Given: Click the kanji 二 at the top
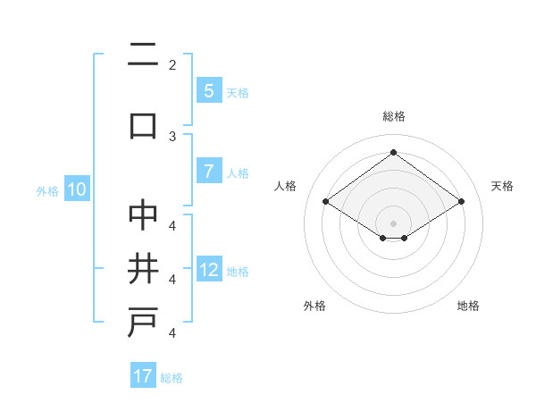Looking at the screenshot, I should (143, 57).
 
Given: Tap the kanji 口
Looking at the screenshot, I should (143, 124).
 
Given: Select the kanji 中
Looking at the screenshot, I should (143, 215).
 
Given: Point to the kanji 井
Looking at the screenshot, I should (143, 269).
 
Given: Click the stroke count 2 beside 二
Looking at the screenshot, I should (172, 65).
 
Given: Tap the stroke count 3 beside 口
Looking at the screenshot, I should (172, 137).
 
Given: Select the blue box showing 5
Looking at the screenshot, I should (208, 90).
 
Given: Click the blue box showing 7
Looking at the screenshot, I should (208, 172).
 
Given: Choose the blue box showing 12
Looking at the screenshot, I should (208, 270).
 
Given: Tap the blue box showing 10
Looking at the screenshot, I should (76, 189).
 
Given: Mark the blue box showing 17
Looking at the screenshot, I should (143, 376).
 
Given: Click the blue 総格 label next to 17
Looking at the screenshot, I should (172, 378).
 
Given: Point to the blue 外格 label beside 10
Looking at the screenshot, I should (47, 190).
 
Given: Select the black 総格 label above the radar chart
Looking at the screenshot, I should (393, 116).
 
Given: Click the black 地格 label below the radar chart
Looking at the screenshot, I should (468, 306).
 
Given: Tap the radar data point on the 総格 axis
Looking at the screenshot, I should (393, 153).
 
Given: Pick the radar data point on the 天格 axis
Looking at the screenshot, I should (461, 202).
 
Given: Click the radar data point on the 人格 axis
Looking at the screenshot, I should (325, 202).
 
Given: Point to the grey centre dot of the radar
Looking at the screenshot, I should (393, 223).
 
